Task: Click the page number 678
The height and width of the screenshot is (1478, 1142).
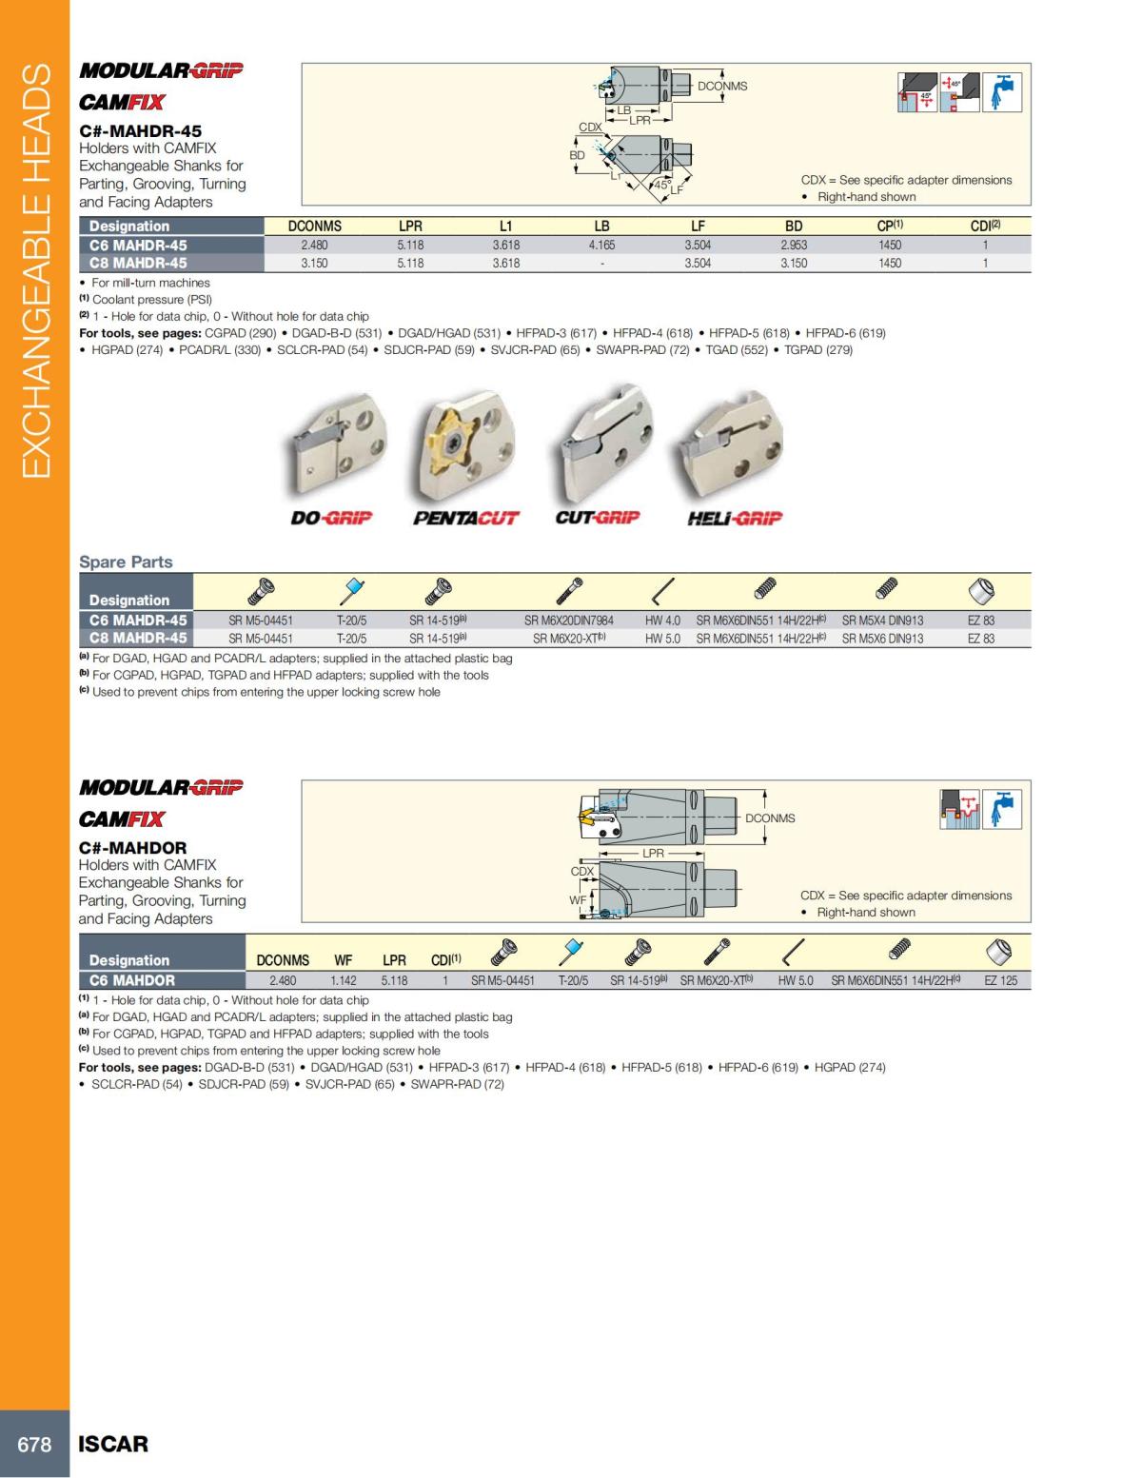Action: [x=34, y=1444]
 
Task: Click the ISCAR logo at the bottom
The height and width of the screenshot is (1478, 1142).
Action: [x=113, y=1444]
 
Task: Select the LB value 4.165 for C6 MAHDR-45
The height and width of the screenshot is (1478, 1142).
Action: [x=601, y=246]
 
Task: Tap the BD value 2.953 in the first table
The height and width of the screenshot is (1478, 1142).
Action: [x=794, y=246]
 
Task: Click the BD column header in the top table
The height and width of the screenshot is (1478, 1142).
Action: [x=794, y=227]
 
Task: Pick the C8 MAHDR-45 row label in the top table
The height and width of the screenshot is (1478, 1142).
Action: [x=138, y=264]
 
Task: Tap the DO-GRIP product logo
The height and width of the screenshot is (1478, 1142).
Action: [x=331, y=519]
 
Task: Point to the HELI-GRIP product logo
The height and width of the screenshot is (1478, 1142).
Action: [x=735, y=519]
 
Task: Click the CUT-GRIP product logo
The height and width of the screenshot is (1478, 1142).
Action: [x=598, y=518]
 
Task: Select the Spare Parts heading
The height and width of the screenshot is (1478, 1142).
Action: [x=126, y=562]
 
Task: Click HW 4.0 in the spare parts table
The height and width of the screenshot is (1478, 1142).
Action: [x=662, y=621]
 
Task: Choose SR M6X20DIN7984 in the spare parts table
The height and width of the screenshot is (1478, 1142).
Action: [x=569, y=621]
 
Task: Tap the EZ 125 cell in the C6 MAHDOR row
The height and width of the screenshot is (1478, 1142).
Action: [x=1000, y=980]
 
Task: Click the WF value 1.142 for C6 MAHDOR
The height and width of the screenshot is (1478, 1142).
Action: [x=344, y=980]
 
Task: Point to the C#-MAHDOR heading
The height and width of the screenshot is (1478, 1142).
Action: [x=132, y=848]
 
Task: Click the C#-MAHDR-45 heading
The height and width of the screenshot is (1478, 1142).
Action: [x=140, y=131]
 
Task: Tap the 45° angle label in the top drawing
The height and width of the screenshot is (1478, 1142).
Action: [x=661, y=185]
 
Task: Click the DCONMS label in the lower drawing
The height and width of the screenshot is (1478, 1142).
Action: [x=770, y=818]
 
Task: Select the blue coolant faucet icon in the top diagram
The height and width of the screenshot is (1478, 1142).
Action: [x=1002, y=92]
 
